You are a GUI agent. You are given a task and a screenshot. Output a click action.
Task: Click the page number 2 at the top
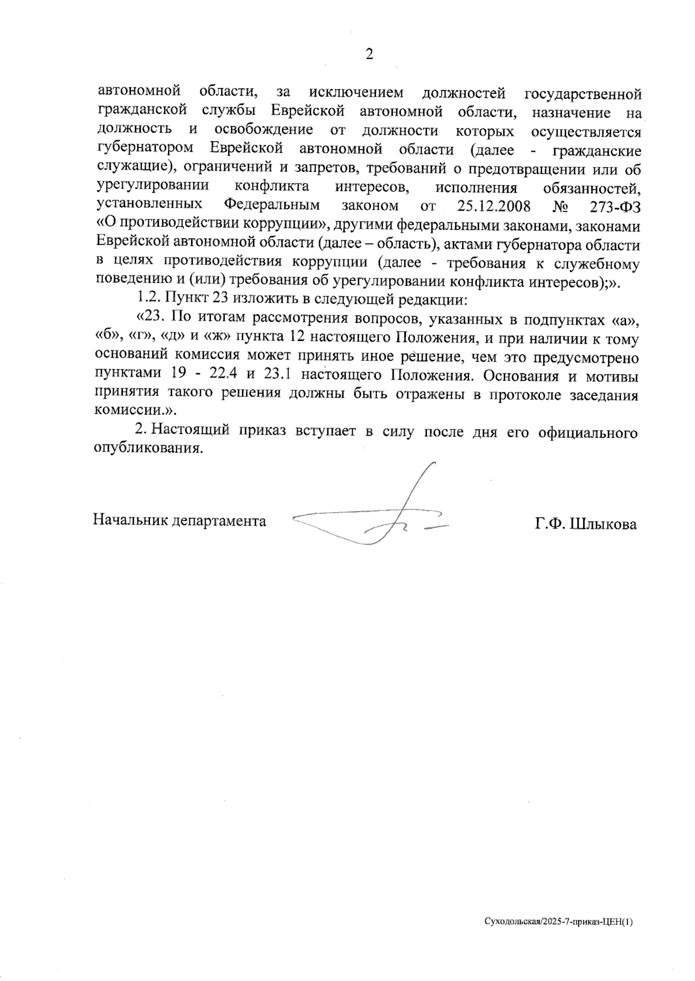click(x=368, y=54)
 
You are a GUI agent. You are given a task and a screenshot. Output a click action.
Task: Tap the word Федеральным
click(x=272, y=205)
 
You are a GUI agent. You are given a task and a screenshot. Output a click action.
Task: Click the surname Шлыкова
click(x=603, y=524)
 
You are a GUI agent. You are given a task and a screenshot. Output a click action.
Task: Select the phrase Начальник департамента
click(x=180, y=520)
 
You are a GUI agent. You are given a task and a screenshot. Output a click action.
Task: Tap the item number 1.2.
click(x=149, y=300)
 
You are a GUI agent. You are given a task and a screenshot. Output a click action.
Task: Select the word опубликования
click(x=149, y=449)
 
